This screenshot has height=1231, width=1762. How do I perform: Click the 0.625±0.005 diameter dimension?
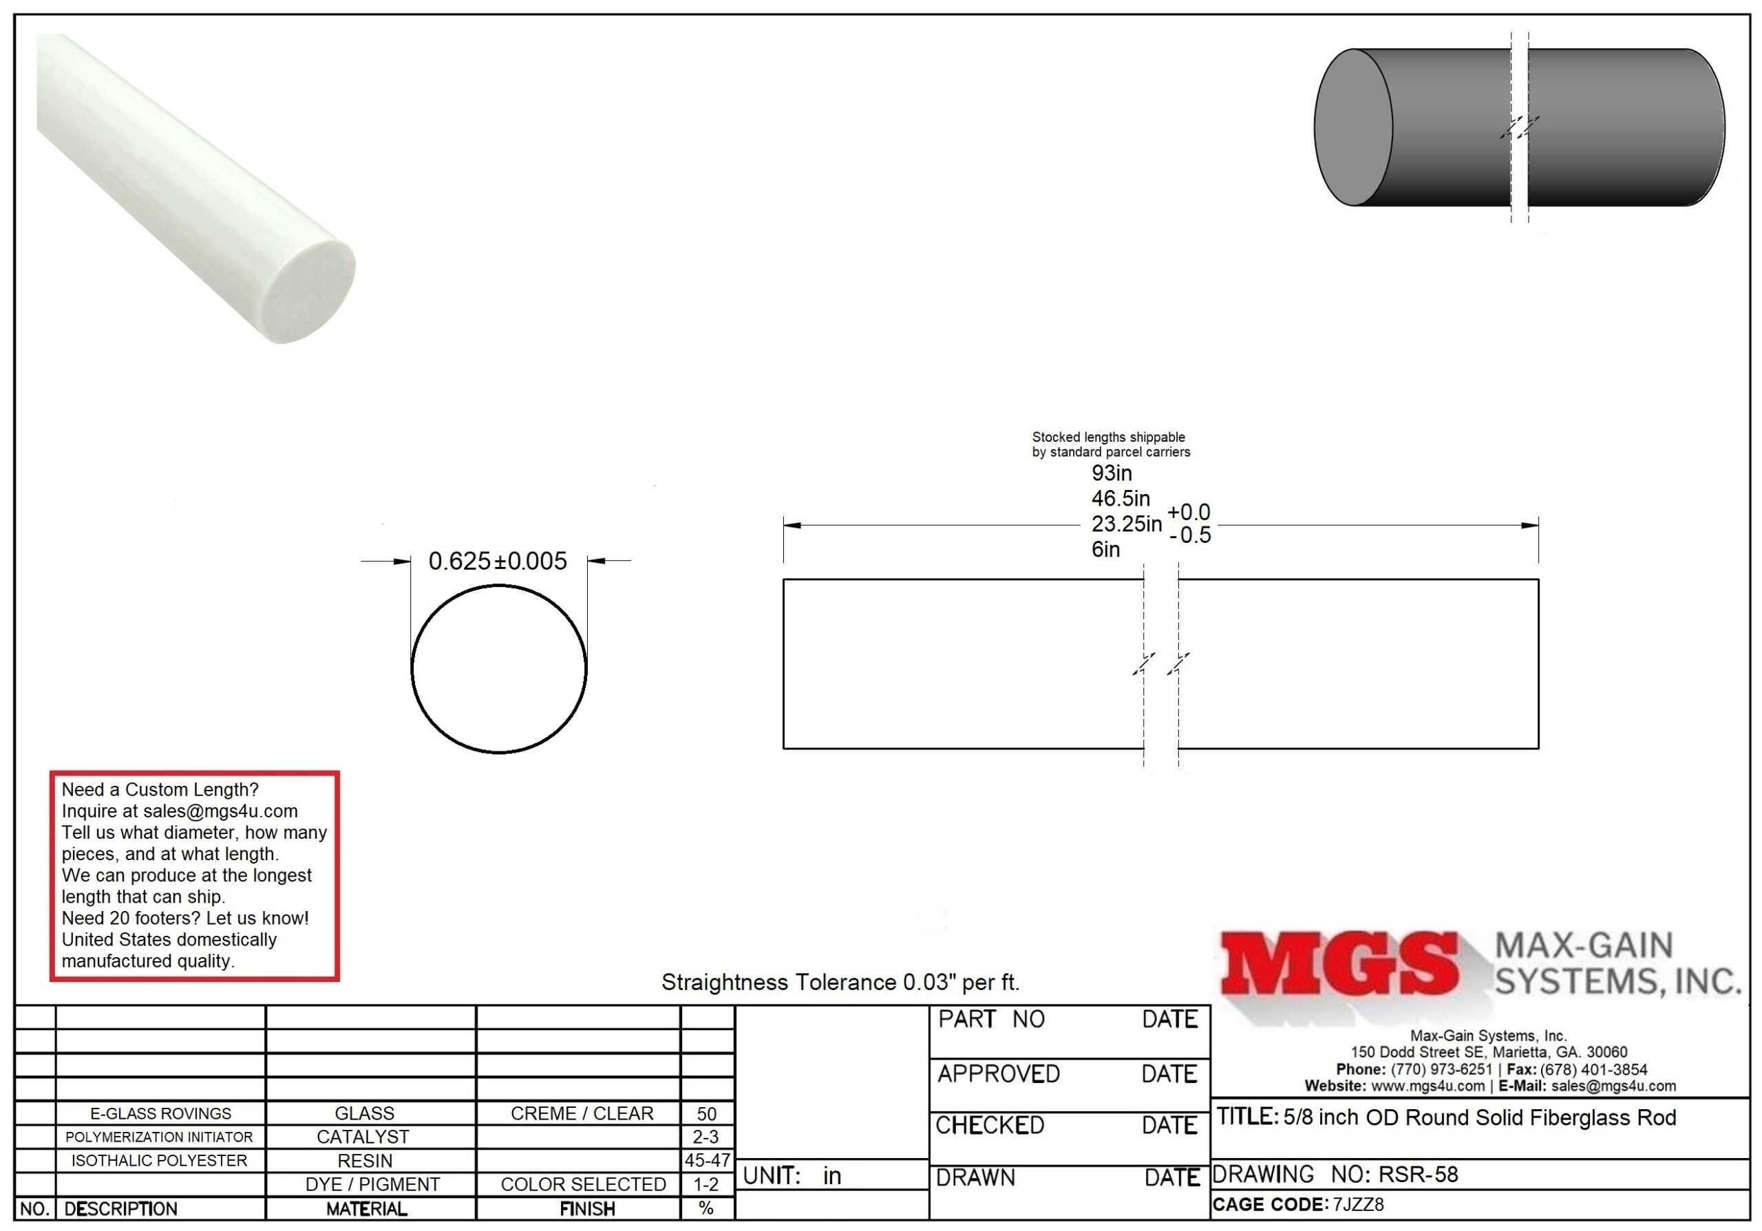pos(498,561)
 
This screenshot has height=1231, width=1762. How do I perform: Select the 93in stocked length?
pos(1111,473)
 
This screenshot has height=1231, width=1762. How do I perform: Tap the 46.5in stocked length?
pos(1121,499)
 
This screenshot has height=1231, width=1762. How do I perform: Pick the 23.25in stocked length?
pos(1127,524)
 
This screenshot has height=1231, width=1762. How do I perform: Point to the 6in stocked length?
pos(1106,549)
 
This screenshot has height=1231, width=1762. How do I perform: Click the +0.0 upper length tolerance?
pos(1189,513)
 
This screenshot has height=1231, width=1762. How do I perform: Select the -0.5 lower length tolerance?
pos(1190,535)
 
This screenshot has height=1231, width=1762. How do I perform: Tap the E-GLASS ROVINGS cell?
pos(160,1113)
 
